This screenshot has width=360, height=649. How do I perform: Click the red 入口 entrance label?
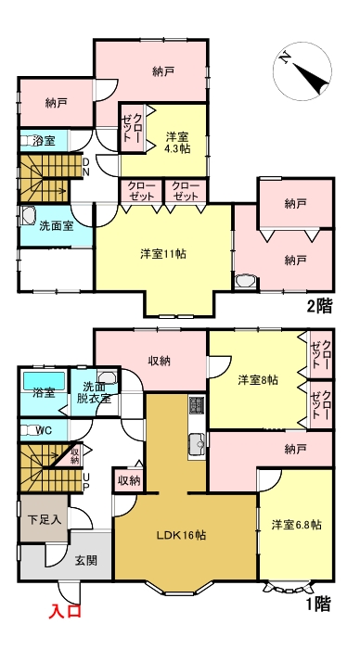[66, 611]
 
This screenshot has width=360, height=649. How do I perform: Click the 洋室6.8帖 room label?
[296, 525]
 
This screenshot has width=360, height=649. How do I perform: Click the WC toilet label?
[44, 430]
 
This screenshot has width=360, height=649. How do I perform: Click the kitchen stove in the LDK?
[197, 406]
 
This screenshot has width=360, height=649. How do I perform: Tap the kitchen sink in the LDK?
[196, 443]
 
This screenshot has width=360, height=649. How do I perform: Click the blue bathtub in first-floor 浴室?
[45, 380]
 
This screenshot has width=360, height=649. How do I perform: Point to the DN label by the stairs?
[86, 168]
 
